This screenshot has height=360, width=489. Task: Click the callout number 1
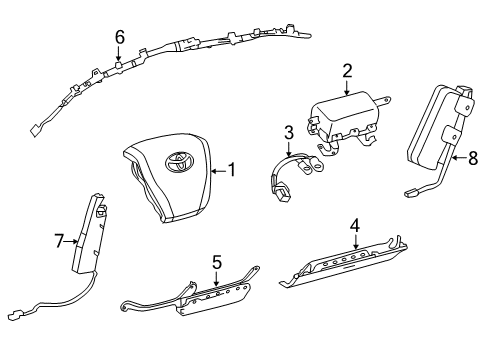pos(232,170)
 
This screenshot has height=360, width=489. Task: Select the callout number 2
pos(347,71)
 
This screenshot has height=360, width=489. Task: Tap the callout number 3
pos(289,132)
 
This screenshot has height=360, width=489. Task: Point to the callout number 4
pos(355,226)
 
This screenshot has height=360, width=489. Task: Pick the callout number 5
pos(217,262)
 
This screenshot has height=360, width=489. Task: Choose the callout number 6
pos(120,37)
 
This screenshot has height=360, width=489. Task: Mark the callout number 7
pos(59,241)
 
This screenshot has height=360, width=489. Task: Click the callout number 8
pos(473,158)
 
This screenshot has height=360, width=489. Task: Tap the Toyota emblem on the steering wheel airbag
pos(179,162)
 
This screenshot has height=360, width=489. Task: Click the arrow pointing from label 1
pos(219,171)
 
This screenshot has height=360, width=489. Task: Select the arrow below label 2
pos(347,88)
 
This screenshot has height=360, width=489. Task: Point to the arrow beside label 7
pos(71,242)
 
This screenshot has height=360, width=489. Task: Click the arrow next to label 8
pos(460,158)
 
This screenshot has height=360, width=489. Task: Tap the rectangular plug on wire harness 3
pos(282,194)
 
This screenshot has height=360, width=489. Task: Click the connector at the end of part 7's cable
pos(17,315)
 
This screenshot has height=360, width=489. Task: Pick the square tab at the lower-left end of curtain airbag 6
pos(34,131)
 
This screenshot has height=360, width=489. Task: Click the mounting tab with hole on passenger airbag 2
pos(384,100)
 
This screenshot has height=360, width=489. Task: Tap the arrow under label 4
pos(356,241)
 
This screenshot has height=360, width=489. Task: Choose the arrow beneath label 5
pos(217,278)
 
